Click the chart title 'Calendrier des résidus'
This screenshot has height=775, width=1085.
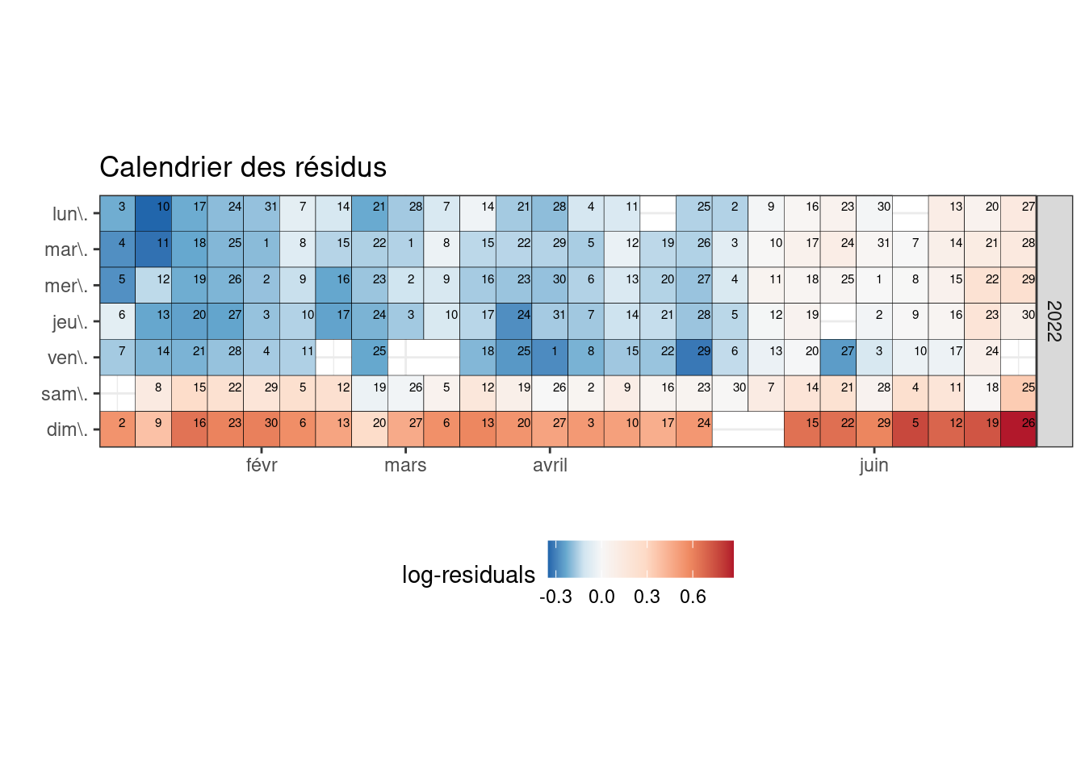243,167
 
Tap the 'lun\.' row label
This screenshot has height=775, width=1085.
69,214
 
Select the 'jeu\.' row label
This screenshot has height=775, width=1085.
69,322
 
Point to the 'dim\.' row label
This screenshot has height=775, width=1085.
67,429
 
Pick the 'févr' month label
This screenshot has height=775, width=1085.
262,465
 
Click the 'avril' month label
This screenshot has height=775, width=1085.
550,465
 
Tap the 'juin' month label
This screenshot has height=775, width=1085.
873,465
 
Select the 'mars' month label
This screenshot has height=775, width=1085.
405,465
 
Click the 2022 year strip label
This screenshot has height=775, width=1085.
1054,320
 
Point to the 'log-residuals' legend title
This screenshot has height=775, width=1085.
468,575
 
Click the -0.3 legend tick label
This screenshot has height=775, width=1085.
555,597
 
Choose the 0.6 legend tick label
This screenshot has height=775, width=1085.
693,597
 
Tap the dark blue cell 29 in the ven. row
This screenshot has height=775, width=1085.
694,358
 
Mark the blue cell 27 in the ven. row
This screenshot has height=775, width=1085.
839,358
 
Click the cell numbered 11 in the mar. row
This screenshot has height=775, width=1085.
153,249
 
